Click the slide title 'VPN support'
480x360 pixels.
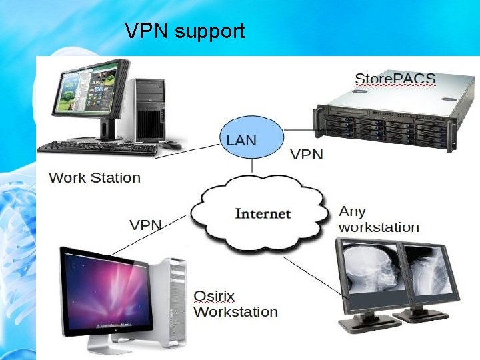185,31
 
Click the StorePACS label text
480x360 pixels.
395,79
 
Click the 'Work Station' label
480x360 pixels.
95,178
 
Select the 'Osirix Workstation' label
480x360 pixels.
235,304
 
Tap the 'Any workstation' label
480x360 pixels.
379,219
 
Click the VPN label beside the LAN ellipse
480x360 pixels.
307,155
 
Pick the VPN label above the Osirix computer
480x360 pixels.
145,225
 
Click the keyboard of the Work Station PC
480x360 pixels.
97,147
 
